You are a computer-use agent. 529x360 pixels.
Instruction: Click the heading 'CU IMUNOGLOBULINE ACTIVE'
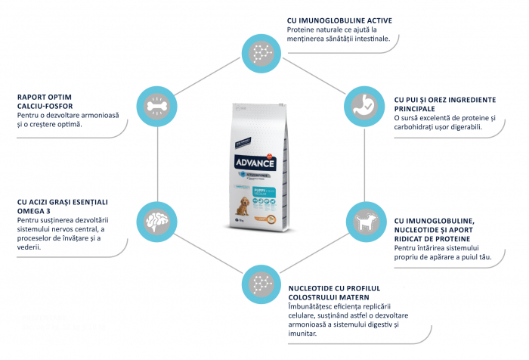click(x=339, y=20)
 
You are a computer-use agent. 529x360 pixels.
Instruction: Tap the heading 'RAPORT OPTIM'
click(x=48, y=97)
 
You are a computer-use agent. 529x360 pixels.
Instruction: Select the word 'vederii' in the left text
click(x=29, y=247)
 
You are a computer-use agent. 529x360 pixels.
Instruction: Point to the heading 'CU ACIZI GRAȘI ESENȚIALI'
click(x=63, y=202)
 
